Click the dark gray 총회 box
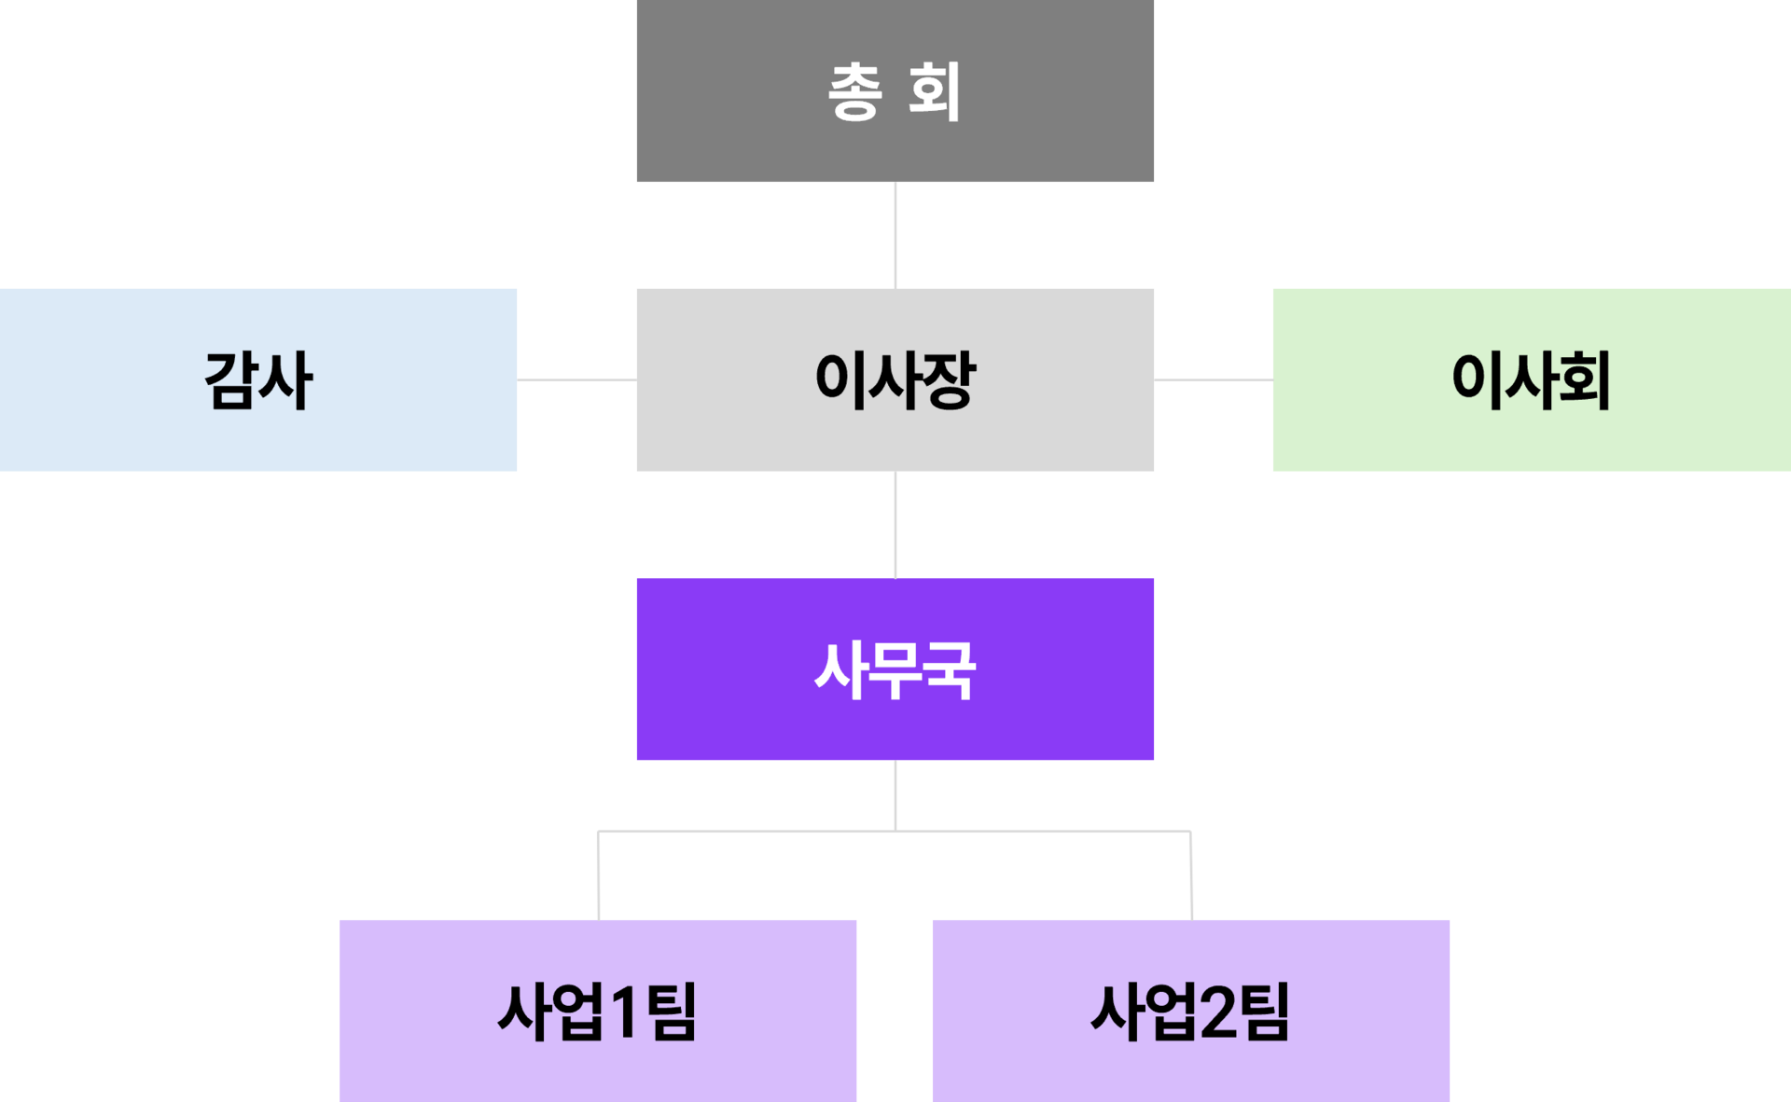[x=895, y=90]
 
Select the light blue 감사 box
[x=258, y=379]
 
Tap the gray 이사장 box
[x=895, y=379]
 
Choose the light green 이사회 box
[x=1532, y=379]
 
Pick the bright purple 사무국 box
[x=895, y=668]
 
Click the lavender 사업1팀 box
[x=598, y=1011]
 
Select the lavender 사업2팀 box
[x=1191, y=1011]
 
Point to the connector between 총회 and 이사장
[x=895, y=235]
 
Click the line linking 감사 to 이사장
[x=576, y=379]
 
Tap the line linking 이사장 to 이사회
[x=1214, y=379]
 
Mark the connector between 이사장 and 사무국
[x=895, y=524]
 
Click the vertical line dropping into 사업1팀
[x=598, y=875]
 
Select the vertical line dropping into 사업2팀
[x=1191, y=875]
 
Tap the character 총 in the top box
[x=854, y=91]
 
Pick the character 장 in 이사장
[x=948, y=380]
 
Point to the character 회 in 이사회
[x=1584, y=380]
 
